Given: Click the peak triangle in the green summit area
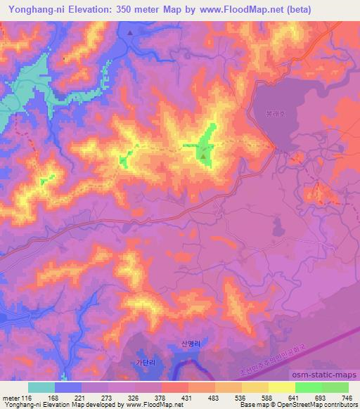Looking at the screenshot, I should pyautogui.click(x=204, y=157).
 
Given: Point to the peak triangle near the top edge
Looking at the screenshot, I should pyautogui.click(x=131, y=32).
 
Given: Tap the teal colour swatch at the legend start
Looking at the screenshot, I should pyautogui.click(x=41, y=387).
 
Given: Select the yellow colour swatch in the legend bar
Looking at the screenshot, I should pyautogui.click(x=281, y=387).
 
